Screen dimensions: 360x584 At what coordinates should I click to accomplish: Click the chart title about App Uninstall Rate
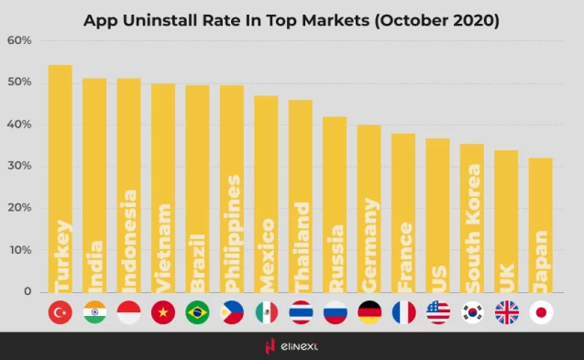(x=292, y=19)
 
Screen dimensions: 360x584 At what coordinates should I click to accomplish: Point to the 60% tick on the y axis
(x=19, y=41)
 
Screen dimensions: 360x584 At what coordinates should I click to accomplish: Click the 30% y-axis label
(x=19, y=167)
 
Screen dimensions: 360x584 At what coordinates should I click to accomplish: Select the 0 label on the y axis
(x=28, y=291)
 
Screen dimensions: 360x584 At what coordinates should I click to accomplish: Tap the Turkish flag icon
(x=61, y=313)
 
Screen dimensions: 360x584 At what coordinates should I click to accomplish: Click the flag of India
(x=94, y=313)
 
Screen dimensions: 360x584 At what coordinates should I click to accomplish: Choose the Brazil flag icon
(x=197, y=313)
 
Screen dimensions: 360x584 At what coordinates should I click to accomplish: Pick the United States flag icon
(x=438, y=313)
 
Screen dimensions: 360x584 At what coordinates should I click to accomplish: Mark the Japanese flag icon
(x=541, y=313)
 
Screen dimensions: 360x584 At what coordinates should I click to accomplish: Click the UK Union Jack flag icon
(x=507, y=313)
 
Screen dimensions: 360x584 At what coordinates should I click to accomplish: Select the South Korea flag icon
(x=473, y=313)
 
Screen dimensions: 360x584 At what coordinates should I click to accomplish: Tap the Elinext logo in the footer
(x=292, y=346)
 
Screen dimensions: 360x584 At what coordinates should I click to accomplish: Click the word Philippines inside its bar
(x=232, y=229)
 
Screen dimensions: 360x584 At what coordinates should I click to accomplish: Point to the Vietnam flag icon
(x=163, y=313)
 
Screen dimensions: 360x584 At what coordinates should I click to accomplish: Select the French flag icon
(x=403, y=313)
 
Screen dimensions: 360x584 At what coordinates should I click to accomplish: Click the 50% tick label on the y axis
(x=19, y=82)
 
